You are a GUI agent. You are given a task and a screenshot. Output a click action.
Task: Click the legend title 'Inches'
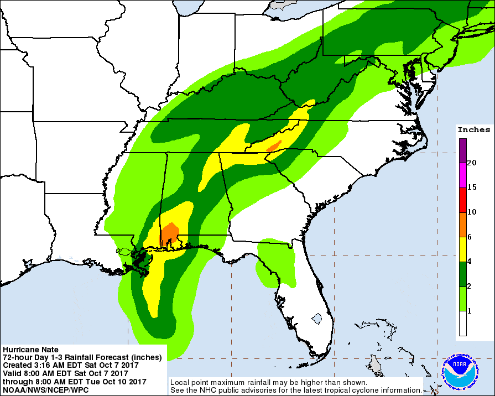click(473, 130)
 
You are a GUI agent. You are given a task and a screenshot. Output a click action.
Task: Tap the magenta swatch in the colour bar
click(462, 175)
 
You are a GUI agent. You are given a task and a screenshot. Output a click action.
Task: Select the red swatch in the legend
click(462, 200)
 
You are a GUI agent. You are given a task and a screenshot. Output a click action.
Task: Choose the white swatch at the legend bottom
click(462, 324)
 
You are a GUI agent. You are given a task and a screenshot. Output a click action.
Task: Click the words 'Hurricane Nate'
click(30, 350)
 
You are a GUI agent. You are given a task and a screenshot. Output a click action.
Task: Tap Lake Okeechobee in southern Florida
click(317, 320)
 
